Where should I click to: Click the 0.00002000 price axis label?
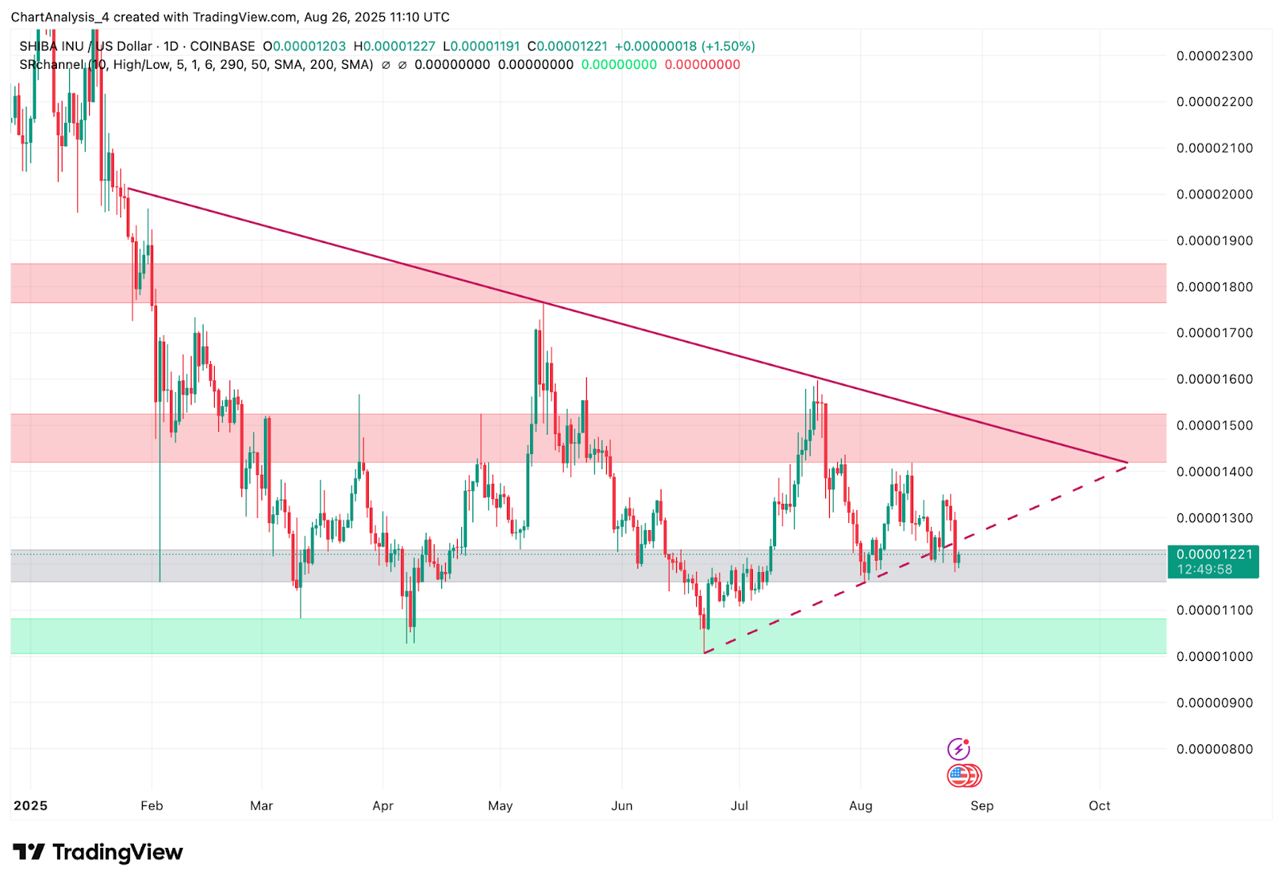tap(1214, 194)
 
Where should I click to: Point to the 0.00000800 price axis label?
tap(1214, 749)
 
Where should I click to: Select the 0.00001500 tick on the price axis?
tap(1214, 425)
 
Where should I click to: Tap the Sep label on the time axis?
tap(981, 805)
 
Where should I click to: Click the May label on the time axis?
tap(500, 805)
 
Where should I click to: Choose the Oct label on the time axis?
tap(1099, 805)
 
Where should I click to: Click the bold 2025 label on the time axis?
tap(30, 805)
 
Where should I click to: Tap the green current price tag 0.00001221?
tap(1214, 554)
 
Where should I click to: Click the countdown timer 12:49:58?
tap(1204, 570)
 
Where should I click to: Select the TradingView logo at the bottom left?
tap(98, 852)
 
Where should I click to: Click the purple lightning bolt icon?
tap(958, 749)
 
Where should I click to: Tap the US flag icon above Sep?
tap(959, 775)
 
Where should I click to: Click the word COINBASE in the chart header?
tap(222, 47)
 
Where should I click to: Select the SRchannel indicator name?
tap(51, 65)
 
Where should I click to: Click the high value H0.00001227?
tap(394, 47)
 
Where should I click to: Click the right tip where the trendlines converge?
tap(1127, 463)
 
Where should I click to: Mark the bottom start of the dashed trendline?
tap(704, 653)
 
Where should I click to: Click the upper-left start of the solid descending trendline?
tap(128, 189)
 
